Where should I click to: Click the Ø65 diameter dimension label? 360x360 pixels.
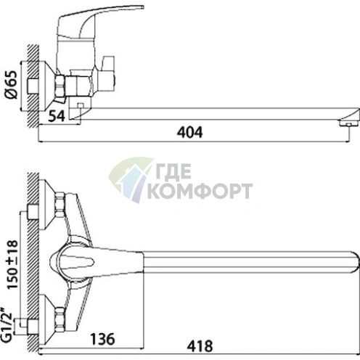coord(12,85)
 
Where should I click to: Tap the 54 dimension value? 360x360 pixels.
coord(57,116)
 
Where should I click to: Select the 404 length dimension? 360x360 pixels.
coord(190,132)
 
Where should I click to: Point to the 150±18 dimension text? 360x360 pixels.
coord(12,265)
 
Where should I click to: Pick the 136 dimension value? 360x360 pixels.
coord(102,339)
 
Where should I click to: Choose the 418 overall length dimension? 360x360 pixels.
coord(200,346)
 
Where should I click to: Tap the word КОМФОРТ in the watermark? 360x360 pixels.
coord(200,191)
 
